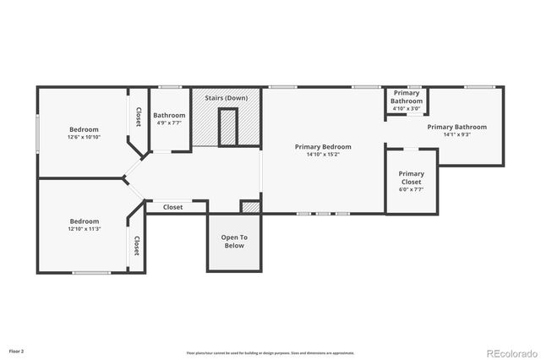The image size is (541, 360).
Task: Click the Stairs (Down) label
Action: click(225, 98)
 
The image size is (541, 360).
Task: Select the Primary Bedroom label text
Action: click(323, 146)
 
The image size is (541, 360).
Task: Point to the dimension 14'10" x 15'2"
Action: click(323, 155)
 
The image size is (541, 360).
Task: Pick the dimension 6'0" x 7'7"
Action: click(412, 189)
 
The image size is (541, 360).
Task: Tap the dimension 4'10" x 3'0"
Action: click(406, 108)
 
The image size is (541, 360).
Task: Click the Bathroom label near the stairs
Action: click(169, 116)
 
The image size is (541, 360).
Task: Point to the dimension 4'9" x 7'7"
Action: click(169, 123)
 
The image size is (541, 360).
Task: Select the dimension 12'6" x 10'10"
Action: click(84, 137)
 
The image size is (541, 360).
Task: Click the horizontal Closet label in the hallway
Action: click(172, 207)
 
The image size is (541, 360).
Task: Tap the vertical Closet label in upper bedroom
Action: click(139, 117)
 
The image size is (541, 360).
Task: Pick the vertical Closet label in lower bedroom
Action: click(136, 245)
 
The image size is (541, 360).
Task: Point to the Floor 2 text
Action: click(17, 350)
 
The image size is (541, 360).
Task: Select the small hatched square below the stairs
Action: click(250, 207)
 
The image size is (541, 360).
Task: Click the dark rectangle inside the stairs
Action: click(226, 127)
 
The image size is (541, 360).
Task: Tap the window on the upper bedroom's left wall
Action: click(37, 134)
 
